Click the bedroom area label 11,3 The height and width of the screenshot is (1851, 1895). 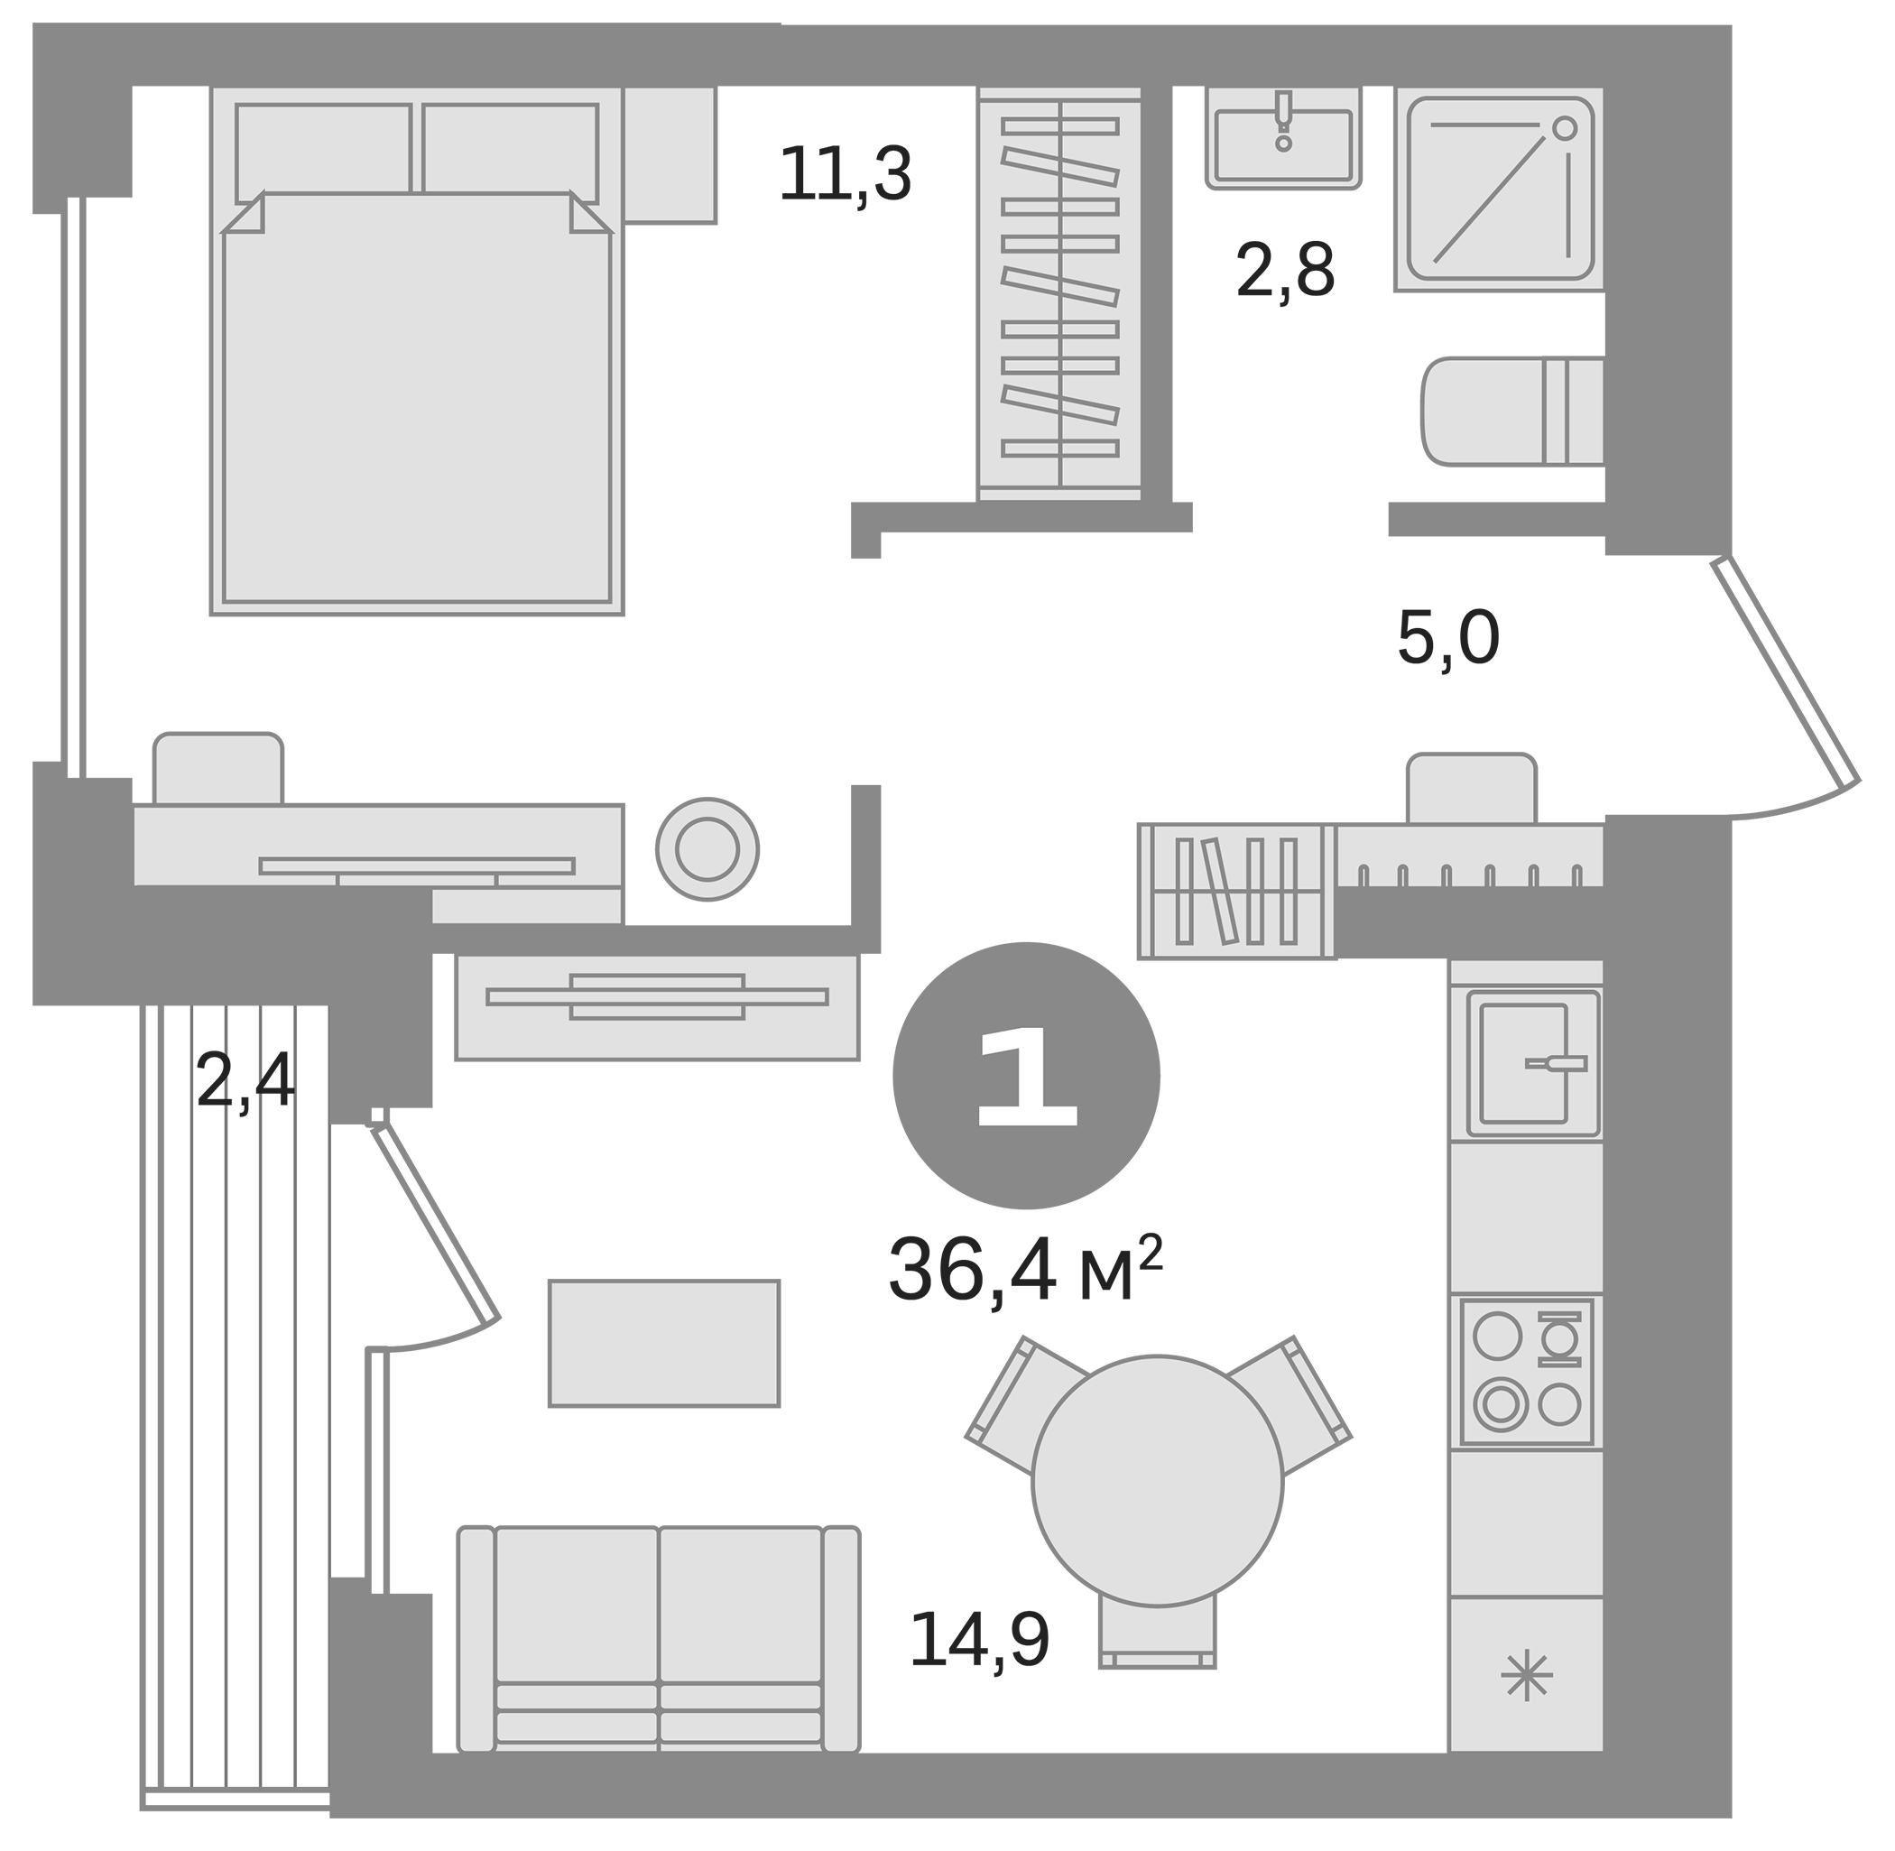coord(844,175)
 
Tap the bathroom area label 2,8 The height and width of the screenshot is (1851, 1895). coord(1284,272)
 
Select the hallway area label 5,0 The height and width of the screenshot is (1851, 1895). coord(1447,638)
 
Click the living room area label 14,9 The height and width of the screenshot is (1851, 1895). coord(979,1640)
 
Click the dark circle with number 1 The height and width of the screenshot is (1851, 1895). coord(1026,1075)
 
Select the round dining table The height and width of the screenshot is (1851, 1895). coord(1157,1480)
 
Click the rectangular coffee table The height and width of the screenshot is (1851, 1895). coord(664,1343)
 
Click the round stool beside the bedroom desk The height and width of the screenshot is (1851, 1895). coord(707,848)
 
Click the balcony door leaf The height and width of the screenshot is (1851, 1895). coord(435,1223)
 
